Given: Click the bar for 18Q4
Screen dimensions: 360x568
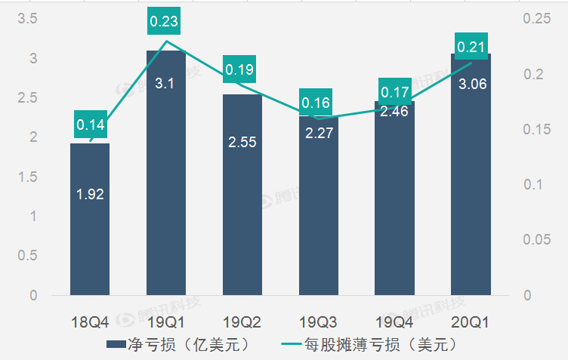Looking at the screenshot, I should tap(90, 226).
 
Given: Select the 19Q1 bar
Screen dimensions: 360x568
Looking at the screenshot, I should tap(166, 181).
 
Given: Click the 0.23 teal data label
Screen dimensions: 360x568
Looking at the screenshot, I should tap(164, 22).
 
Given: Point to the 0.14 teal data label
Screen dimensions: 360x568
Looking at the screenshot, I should tap(90, 123).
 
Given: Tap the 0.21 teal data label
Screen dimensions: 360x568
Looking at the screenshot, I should tap(471, 48).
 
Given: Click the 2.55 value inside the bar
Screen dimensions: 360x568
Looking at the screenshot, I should tap(242, 141).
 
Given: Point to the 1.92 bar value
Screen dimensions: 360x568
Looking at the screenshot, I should tap(90, 194).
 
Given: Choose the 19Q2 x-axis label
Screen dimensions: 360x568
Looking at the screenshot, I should tap(242, 322).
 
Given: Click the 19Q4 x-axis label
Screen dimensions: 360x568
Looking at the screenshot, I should tap(394, 322).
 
